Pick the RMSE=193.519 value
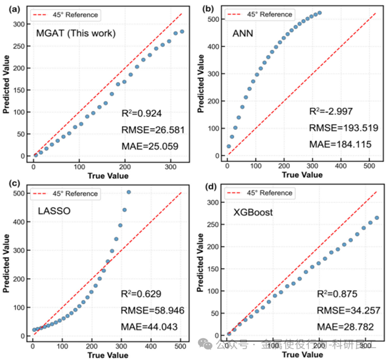[x=337, y=127]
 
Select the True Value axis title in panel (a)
[x=106, y=176]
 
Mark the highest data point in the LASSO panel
[x=129, y=192]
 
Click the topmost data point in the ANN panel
[x=320, y=12]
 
